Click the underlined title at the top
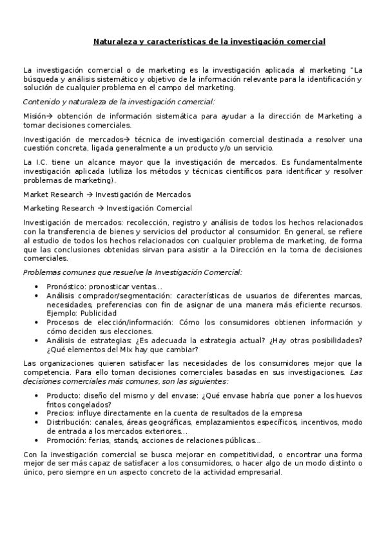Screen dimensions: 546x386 coord(209,42)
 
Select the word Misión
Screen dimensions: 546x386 coord(34,116)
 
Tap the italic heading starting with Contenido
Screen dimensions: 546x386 coord(119,102)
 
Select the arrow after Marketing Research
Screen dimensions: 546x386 coord(101,208)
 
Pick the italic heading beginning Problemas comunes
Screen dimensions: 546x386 coord(132,272)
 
